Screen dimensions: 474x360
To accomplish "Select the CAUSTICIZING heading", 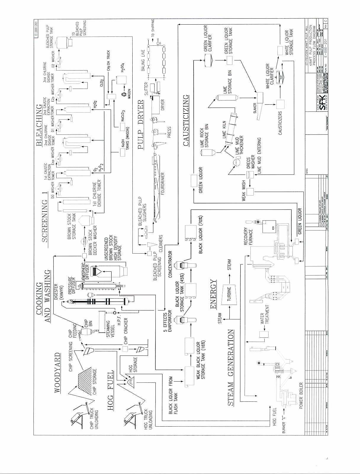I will (x=186, y=120).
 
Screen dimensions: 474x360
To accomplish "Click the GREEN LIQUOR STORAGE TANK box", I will (x=230, y=61).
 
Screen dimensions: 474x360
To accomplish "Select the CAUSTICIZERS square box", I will (x=280, y=104).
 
